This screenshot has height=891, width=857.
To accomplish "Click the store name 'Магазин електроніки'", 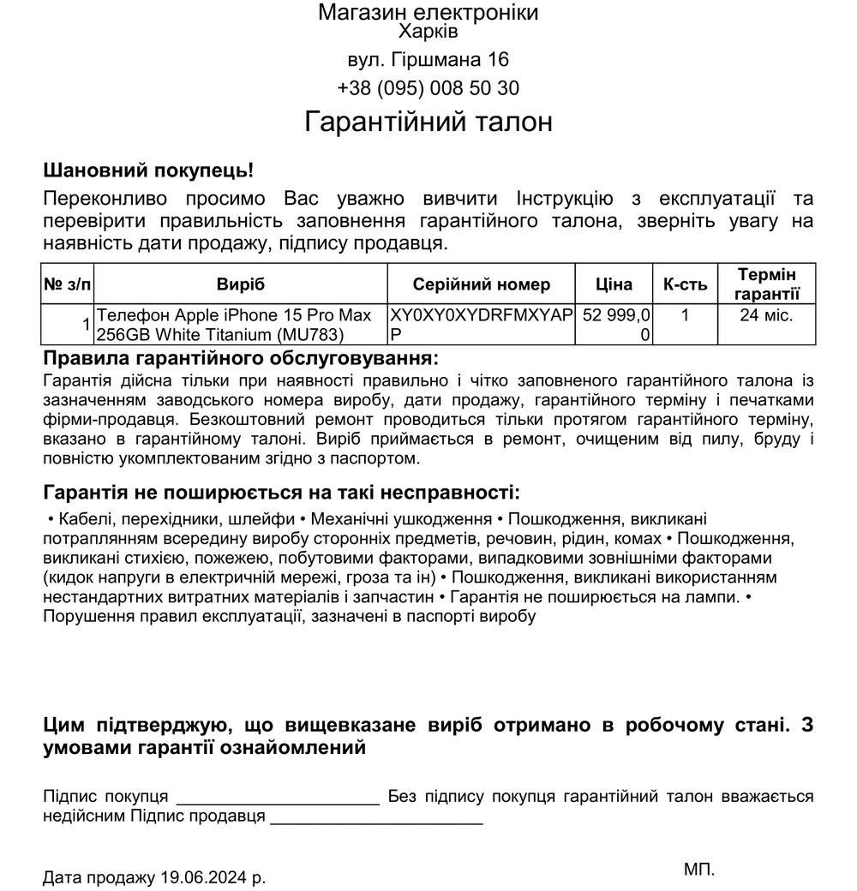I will (x=428, y=13).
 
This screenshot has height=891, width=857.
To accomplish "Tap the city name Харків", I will (x=428, y=33).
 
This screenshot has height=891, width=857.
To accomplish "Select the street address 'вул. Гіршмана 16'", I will (x=428, y=60).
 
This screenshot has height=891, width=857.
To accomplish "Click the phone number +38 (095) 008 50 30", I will (x=428, y=88).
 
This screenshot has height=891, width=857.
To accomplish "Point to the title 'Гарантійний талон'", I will (x=428, y=122).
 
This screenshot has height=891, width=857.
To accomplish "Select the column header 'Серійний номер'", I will (x=482, y=284).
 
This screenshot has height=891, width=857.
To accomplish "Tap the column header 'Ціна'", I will (x=614, y=284).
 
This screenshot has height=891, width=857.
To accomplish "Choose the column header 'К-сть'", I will (x=685, y=284).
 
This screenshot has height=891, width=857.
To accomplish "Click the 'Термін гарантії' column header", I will (x=767, y=284).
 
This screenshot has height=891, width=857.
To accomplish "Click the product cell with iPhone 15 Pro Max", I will (x=236, y=325).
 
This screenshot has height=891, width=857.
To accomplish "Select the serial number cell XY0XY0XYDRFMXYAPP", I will (x=481, y=325).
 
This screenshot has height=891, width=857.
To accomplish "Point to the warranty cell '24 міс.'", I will (x=767, y=315).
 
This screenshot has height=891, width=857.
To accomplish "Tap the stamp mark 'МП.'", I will (x=699, y=870).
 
